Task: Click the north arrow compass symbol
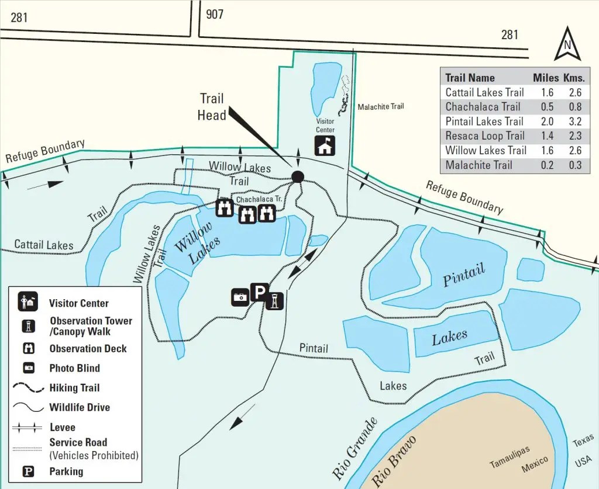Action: [567, 43]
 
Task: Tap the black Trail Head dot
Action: [298, 176]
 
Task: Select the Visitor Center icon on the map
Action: [325, 145]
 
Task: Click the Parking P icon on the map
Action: [259, 292]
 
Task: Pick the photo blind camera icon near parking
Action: [240, 297]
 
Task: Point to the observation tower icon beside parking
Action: [274, 300]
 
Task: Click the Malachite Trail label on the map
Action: [381, 106]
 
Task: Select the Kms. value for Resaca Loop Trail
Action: [575, 136]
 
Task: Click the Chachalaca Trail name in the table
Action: [483, 107]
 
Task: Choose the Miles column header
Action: [546, 78]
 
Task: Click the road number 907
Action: [215, 15]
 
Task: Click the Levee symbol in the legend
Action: [27, 427]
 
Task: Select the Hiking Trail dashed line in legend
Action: [28, 387]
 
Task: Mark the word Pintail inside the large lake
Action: [463, 275]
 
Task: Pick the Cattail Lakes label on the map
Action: [44, 245]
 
